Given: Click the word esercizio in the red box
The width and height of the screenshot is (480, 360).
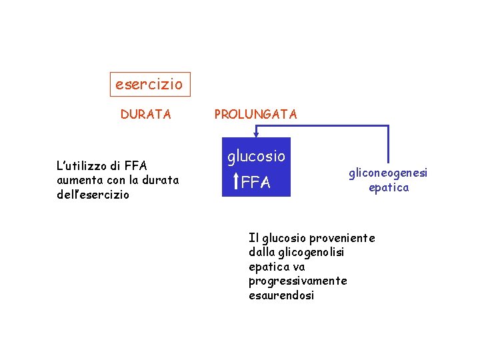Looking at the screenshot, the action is coord(149,85).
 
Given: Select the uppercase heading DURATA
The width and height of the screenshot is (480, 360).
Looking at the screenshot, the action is coord(145,115).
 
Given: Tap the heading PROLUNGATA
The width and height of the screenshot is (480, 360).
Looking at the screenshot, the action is coord(255,115).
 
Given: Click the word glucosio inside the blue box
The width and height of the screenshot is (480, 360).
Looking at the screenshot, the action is coord(256,157).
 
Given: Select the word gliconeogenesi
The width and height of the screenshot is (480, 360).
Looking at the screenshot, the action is coord(387,173).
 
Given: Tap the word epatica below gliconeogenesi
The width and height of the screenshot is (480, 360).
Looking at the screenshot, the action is coord(389,187).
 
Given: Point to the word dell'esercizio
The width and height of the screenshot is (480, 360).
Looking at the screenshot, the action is coord(93,195).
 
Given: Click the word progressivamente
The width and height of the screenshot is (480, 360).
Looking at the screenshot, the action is coord(297,281).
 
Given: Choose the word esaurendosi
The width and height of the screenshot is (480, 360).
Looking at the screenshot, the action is coord(281,295).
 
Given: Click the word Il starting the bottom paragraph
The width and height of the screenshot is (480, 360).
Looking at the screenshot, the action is coord(254,238).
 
